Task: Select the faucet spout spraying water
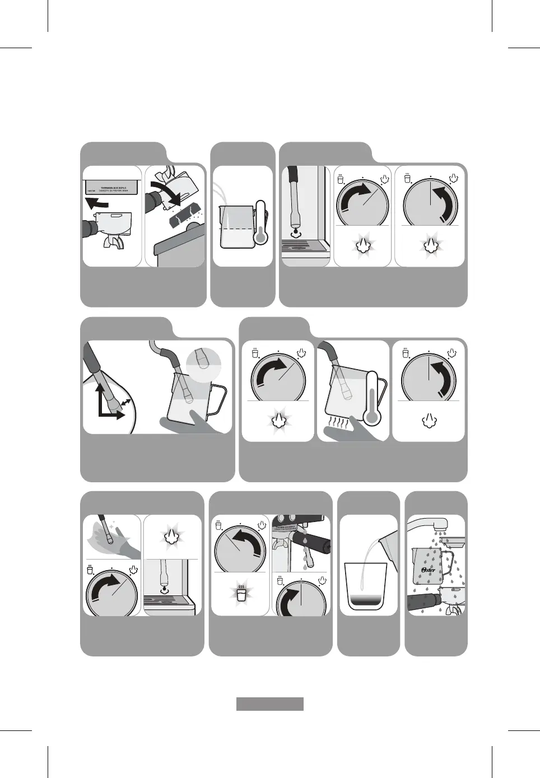pos(440,524)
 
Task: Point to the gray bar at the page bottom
pos(269,704)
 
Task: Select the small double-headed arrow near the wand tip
pos(128,402)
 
